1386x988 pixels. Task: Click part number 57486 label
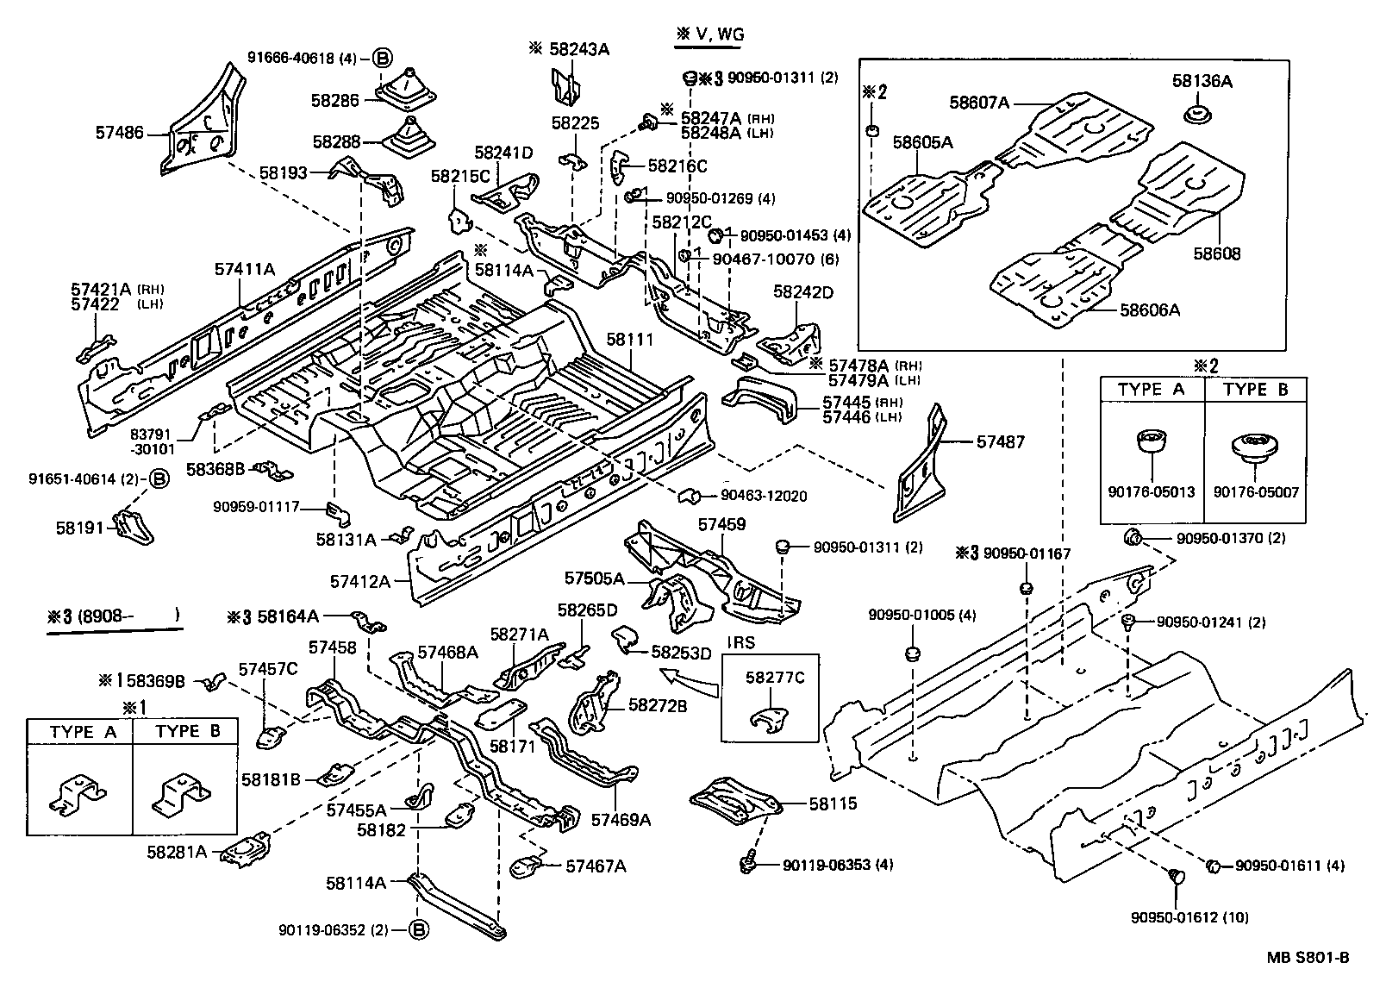coord(120,134)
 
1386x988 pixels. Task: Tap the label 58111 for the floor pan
coord(629,341)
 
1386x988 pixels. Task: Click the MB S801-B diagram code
coord(1307,958)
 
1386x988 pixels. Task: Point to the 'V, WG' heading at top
coord(709,34)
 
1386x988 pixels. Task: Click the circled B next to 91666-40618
coord(383,59)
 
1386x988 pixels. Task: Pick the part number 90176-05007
coord(1255,492)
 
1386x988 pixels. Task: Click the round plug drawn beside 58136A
coord(1196,115)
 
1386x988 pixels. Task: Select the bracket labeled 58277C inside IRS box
coord(768,715)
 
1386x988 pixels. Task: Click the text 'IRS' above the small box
coord(740,644)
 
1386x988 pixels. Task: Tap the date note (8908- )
coord(128,616)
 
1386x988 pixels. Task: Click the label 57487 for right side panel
coord(1001,441)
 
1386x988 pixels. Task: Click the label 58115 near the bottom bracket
coord(833,804)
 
